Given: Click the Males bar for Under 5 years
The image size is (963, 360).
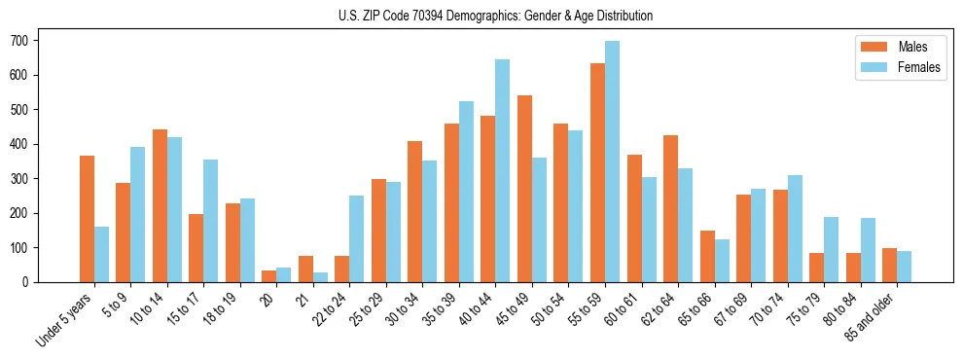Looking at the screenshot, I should (87, 219).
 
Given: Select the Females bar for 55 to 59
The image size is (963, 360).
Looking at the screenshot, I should (612, 162).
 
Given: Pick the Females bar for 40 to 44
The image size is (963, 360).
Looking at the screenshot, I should (503, 171).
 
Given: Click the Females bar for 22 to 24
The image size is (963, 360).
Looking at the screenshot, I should (357, 239).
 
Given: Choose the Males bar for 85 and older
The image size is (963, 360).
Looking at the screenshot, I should (889, 265).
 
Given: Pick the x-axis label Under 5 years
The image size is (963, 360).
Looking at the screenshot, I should (64, 318).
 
